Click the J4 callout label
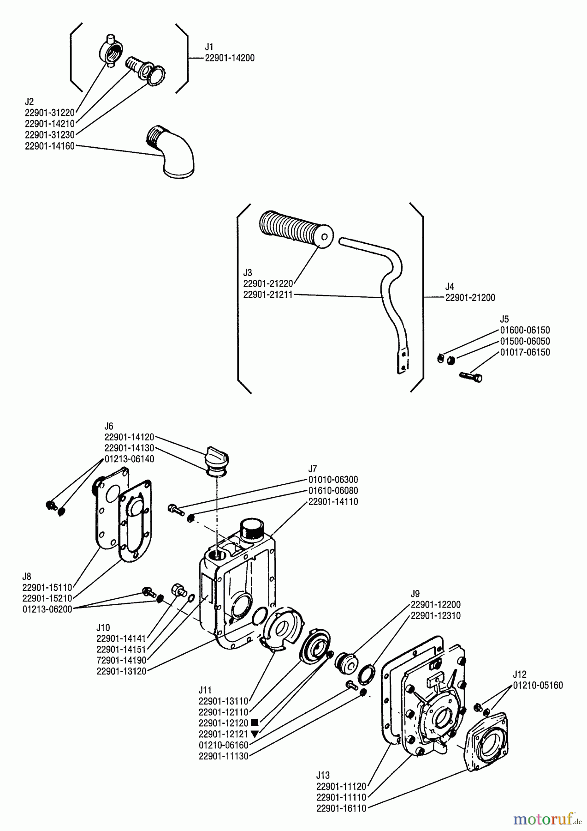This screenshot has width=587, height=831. (x=450, y=287)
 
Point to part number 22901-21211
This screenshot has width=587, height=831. (x=268, y=294)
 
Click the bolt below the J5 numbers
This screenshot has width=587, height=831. (x=471, y=377)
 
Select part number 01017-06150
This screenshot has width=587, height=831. (x=525, y=352)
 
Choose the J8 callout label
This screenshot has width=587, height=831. (x=27, y=576)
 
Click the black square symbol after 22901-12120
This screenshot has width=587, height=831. (x=255, y=723)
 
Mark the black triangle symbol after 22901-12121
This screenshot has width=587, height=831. (x=255, y=734)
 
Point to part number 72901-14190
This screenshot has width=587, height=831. (x=121, y=660)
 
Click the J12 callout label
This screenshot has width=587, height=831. (x=519, y=674)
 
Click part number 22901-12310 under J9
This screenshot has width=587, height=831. (x=435, y=615)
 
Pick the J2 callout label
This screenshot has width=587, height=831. (x=29, y=101)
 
